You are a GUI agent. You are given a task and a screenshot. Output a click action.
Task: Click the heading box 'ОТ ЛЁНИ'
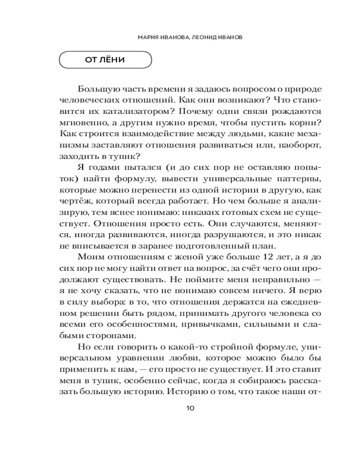105,60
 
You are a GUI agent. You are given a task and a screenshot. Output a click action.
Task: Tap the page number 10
189,409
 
